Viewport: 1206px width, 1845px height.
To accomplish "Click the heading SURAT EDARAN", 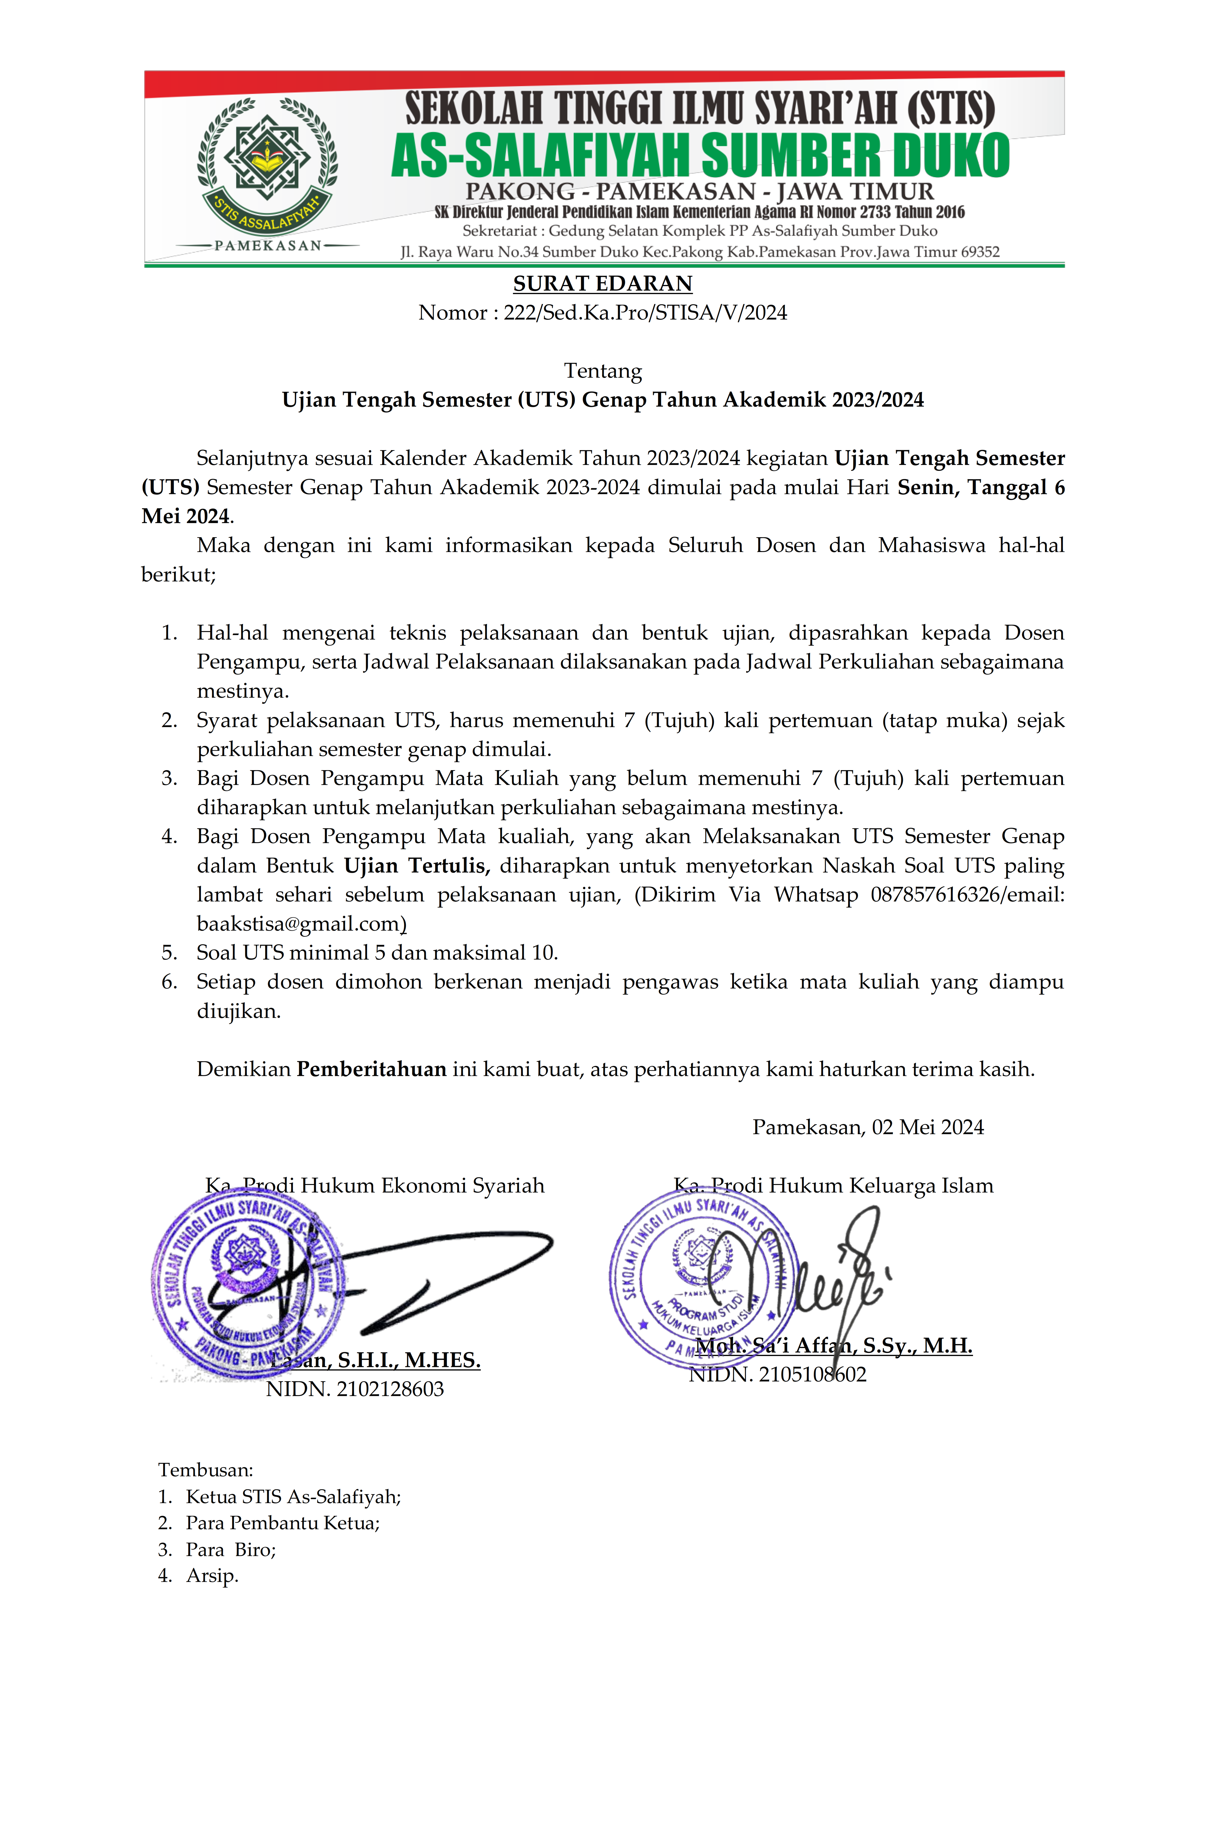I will [602, 284].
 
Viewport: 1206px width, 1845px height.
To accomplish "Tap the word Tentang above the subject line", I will [602, 371].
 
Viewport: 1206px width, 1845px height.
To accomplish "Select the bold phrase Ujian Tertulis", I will [416, 866].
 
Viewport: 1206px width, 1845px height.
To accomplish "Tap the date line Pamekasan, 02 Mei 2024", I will [867, 1127].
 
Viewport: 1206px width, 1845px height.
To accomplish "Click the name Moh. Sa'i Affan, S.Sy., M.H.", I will [833, 1346].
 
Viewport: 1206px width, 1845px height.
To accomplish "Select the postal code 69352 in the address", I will [980, 252].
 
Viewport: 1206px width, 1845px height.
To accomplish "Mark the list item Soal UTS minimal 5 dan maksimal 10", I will [377, 953].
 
